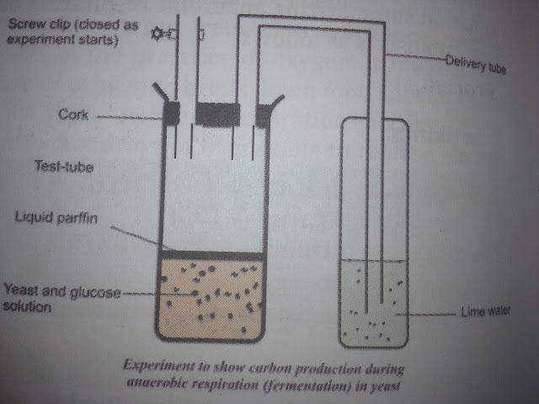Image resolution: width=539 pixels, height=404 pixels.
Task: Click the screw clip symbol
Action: point(161,35)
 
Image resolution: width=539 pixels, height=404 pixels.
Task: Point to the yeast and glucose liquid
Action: point(211,299)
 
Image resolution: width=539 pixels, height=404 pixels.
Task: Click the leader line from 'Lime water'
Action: point(430,314)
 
